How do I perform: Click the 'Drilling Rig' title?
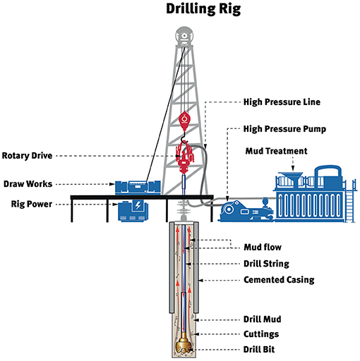(203, 9)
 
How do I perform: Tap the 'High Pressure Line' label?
(282, 102)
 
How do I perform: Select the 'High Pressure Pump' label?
(284, 129)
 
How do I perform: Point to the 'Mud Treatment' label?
(276, 151)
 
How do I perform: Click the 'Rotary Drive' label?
(27, 156)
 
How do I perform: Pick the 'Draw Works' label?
(28, 184)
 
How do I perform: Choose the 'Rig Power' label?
(32, 204)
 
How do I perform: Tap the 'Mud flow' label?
(263, 247)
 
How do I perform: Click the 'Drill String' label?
(266, 264)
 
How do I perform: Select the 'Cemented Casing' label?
(279, 280)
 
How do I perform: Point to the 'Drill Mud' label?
(262, 319)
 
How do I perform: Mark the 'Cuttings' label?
(261, 334)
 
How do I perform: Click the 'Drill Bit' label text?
(259, 349)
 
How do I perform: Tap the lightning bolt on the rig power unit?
(138, 205)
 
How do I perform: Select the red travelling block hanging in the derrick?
(184, 121)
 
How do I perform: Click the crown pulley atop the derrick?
(184, 36)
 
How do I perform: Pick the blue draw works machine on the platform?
(138, 188)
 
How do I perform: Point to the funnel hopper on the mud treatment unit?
(292, 179)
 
